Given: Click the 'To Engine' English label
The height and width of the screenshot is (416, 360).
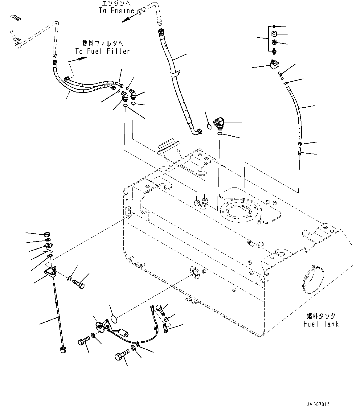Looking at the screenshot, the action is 117,11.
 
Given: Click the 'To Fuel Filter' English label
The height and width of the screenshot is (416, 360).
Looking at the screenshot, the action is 103,51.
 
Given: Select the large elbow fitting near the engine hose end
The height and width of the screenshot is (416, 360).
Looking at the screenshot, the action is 219,122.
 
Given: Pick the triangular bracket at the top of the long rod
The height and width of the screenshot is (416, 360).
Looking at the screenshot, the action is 50,272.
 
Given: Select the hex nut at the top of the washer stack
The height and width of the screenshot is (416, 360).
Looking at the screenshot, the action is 47,234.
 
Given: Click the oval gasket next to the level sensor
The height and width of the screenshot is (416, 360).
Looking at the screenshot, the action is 114,319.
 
